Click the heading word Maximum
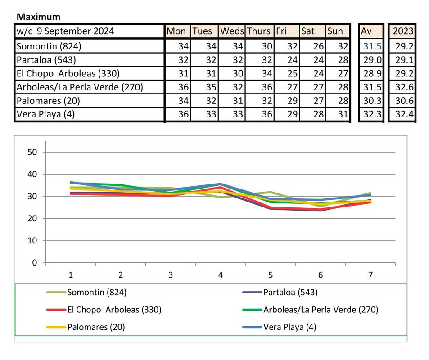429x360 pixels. (38, 17)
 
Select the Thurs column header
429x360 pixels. (258, 31)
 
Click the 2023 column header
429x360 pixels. (403, 31)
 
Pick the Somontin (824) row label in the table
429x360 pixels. (49, 46)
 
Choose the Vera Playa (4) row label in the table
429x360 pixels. (45, 114)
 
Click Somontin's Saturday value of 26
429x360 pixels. (318, 46)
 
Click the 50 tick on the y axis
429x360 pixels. (32, 152)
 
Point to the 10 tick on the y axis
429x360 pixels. (32, 241)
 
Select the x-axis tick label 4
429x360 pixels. (221, 275)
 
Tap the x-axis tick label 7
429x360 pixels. (370, 275)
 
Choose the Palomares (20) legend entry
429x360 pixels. (96, 327)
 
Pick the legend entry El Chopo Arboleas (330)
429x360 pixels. (114, 310)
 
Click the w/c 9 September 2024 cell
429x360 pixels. (65, 31)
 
